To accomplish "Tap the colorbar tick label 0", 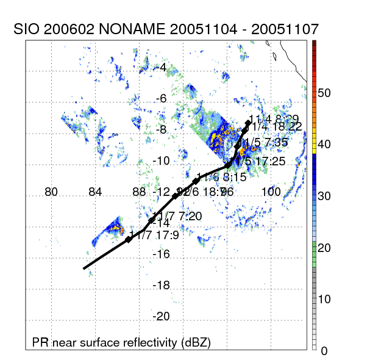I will coord(324,350).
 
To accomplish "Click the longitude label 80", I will coord(51,192).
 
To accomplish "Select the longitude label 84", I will coord(95,192).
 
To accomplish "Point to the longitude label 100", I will coord(271,192).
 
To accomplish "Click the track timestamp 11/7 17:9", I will coord(155,234).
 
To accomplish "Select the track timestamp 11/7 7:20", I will coord(178,216).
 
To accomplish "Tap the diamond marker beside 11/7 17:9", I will coord(129,240).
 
